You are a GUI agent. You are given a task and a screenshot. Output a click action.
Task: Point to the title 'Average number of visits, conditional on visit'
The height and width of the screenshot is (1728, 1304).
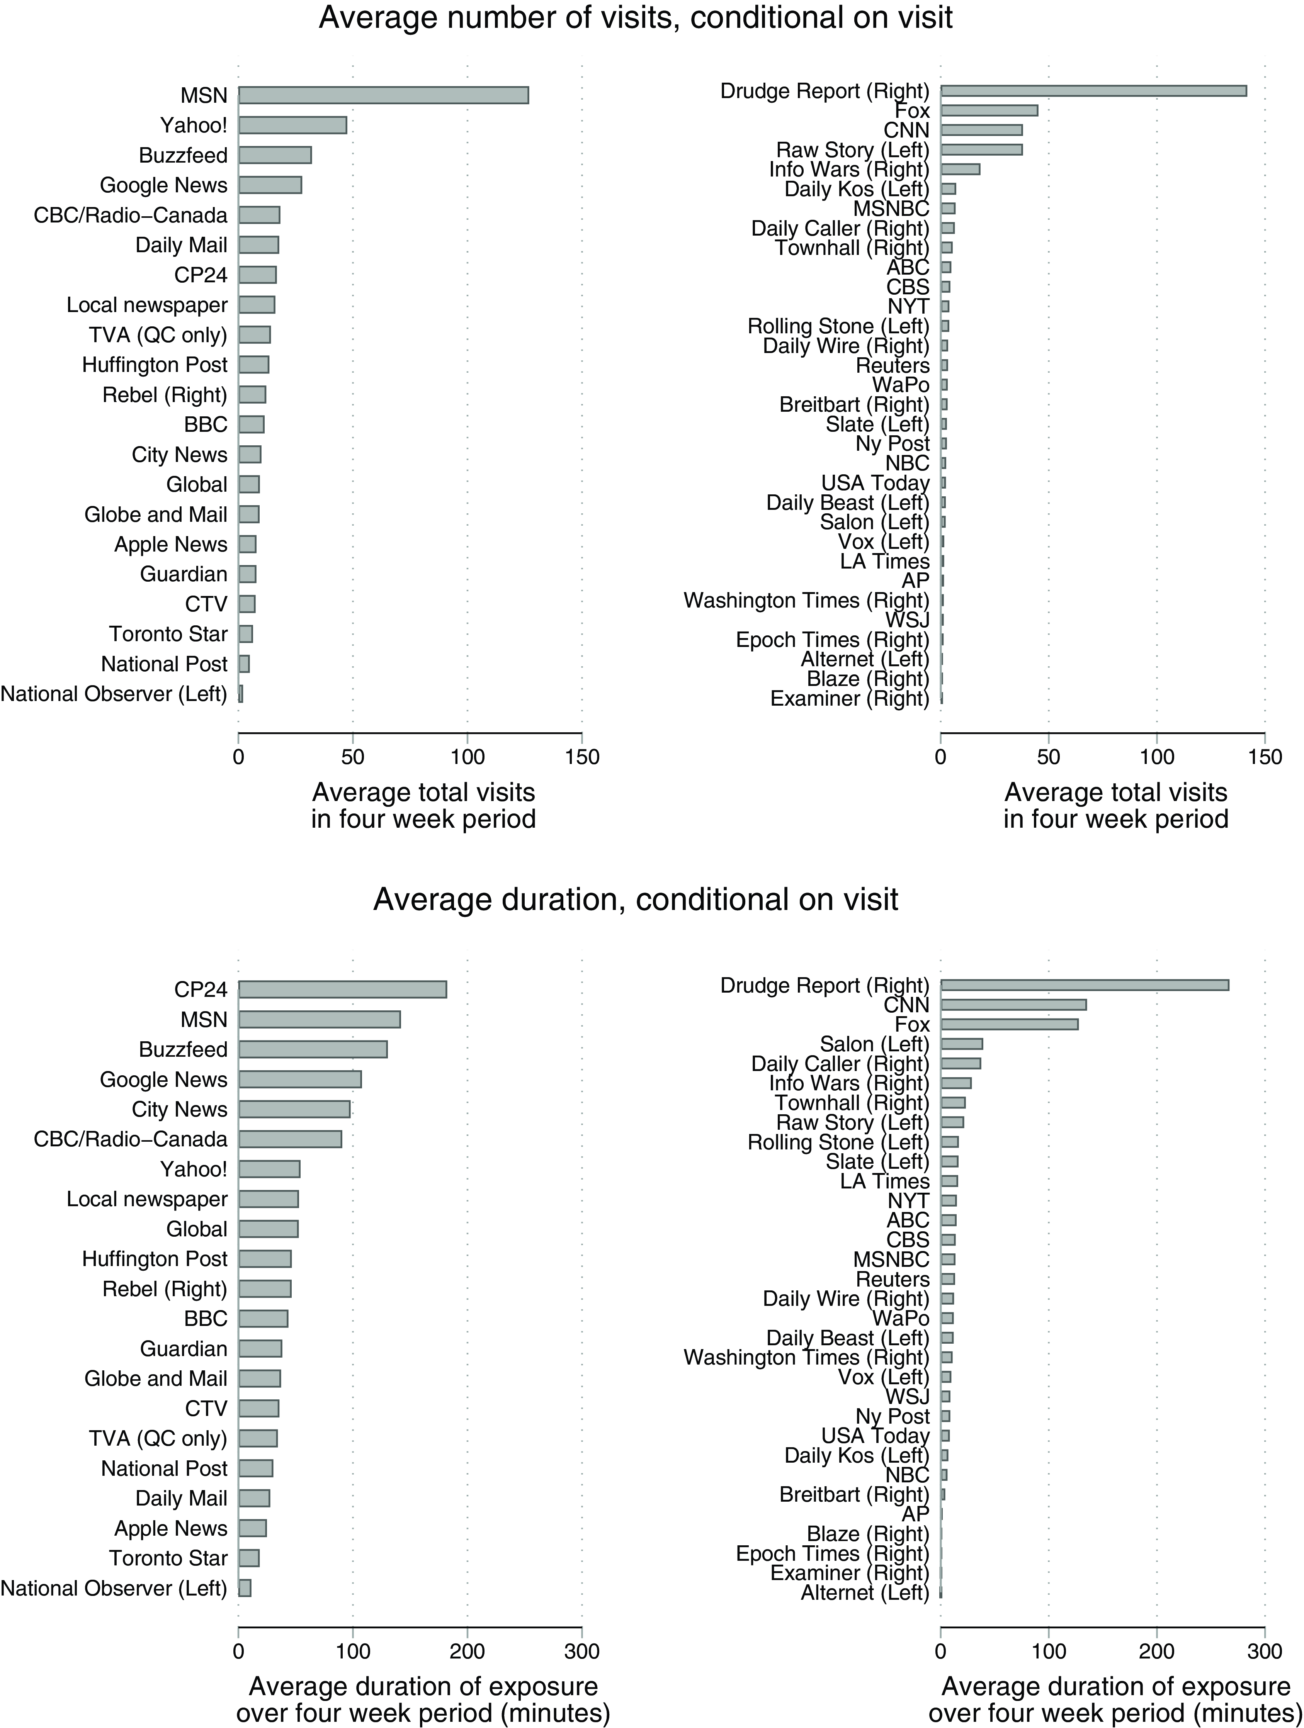[x=636, y=16]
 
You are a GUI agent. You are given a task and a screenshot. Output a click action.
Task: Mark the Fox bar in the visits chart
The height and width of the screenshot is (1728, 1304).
[x=989, y=110]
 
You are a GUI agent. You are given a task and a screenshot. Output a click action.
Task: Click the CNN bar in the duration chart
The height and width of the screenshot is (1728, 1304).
[x=1013, y=1005]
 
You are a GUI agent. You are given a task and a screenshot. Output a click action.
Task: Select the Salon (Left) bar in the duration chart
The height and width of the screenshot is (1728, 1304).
[x=962, y=1044]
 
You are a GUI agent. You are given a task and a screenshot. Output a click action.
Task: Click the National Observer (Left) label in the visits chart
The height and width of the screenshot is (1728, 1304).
[x=114, y=694]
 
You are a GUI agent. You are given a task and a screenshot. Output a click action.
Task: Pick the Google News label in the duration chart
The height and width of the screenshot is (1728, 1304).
[x=164, y=1080]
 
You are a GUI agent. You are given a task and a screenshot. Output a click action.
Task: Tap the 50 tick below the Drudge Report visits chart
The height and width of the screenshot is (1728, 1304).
[x=1049, y=757]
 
